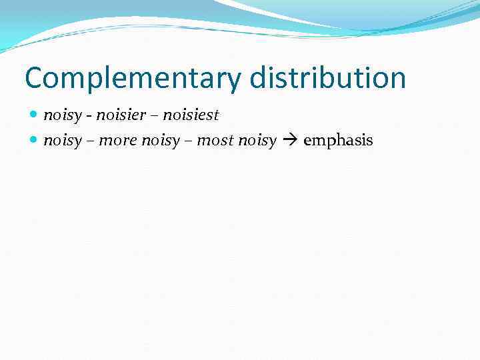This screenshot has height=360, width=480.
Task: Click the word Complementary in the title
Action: pyautogui.click(x=133, y=79)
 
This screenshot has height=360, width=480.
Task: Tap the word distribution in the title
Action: pyautogui.click(x=327, y=77)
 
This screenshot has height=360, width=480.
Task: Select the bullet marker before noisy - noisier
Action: pyautogui.click(x=35, y=115)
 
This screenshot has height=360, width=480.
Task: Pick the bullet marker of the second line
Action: pyautogui.click(x=35, y=141)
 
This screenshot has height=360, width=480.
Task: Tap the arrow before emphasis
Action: pyautogui.click(x=290, y=141)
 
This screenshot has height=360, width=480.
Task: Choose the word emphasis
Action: pyautogui.click(x=338, y=141)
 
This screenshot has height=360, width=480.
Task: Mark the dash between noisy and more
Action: pyautogui.click(x=90, y=142)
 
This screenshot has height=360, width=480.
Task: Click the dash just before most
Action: pyautogui.click(x=188, y=142)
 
